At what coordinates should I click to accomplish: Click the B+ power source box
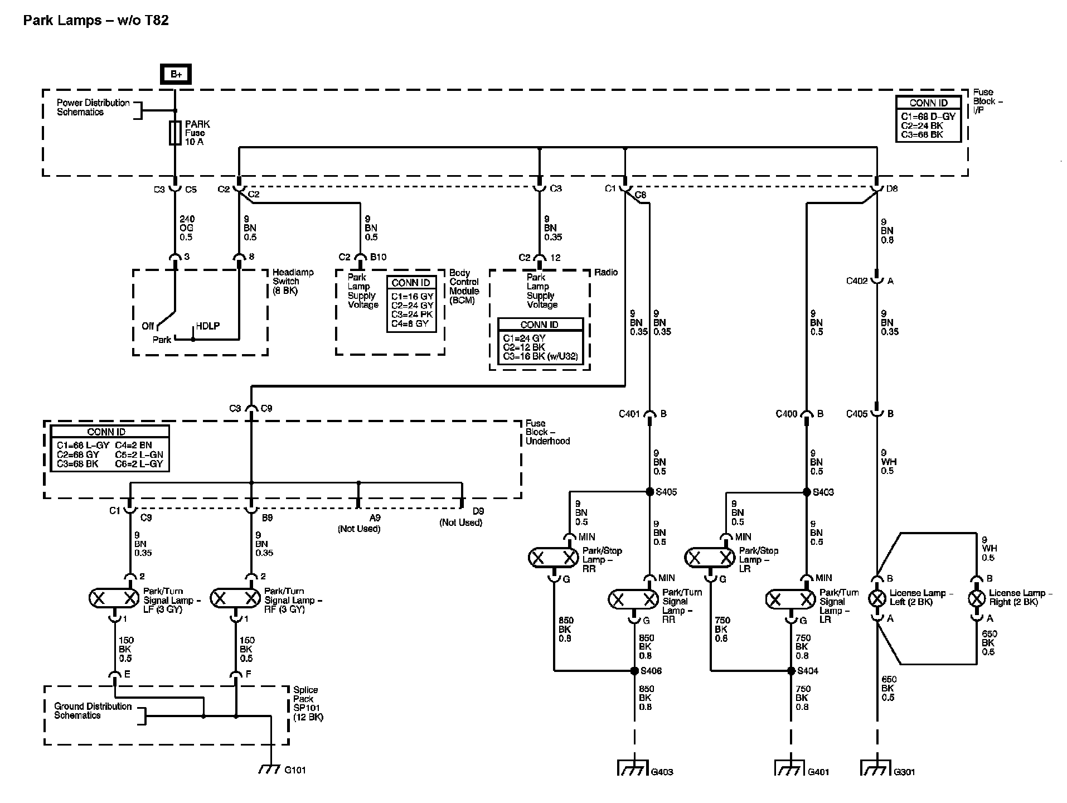coord(176,74)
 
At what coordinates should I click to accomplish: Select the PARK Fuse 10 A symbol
coord(175,133)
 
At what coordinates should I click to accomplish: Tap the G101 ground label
coord(295,770)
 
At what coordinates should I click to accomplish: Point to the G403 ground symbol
coord(634,767)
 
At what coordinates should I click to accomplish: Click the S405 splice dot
coord(649,492)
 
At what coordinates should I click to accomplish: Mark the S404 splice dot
coord(791,671)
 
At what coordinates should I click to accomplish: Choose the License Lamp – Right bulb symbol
coord(976,599)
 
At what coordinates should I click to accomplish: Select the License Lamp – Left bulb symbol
coord(877,599)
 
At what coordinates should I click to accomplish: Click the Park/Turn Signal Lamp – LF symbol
coord(114,598)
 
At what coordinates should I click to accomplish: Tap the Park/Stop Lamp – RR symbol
coord(554,557)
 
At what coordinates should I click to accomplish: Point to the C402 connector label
coord(857,281)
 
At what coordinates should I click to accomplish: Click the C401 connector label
coord(630,414)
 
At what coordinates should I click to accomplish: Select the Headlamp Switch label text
coord(293,282)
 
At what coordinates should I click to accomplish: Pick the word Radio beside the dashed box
coord(606,272)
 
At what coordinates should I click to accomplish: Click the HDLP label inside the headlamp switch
coord(207,326)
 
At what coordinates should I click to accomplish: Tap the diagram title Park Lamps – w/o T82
coord(96,21)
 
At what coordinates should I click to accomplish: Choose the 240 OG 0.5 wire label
coord(187,228)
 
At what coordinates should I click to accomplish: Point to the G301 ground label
coord(904,772)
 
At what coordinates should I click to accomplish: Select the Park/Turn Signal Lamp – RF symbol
coord(235,598)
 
